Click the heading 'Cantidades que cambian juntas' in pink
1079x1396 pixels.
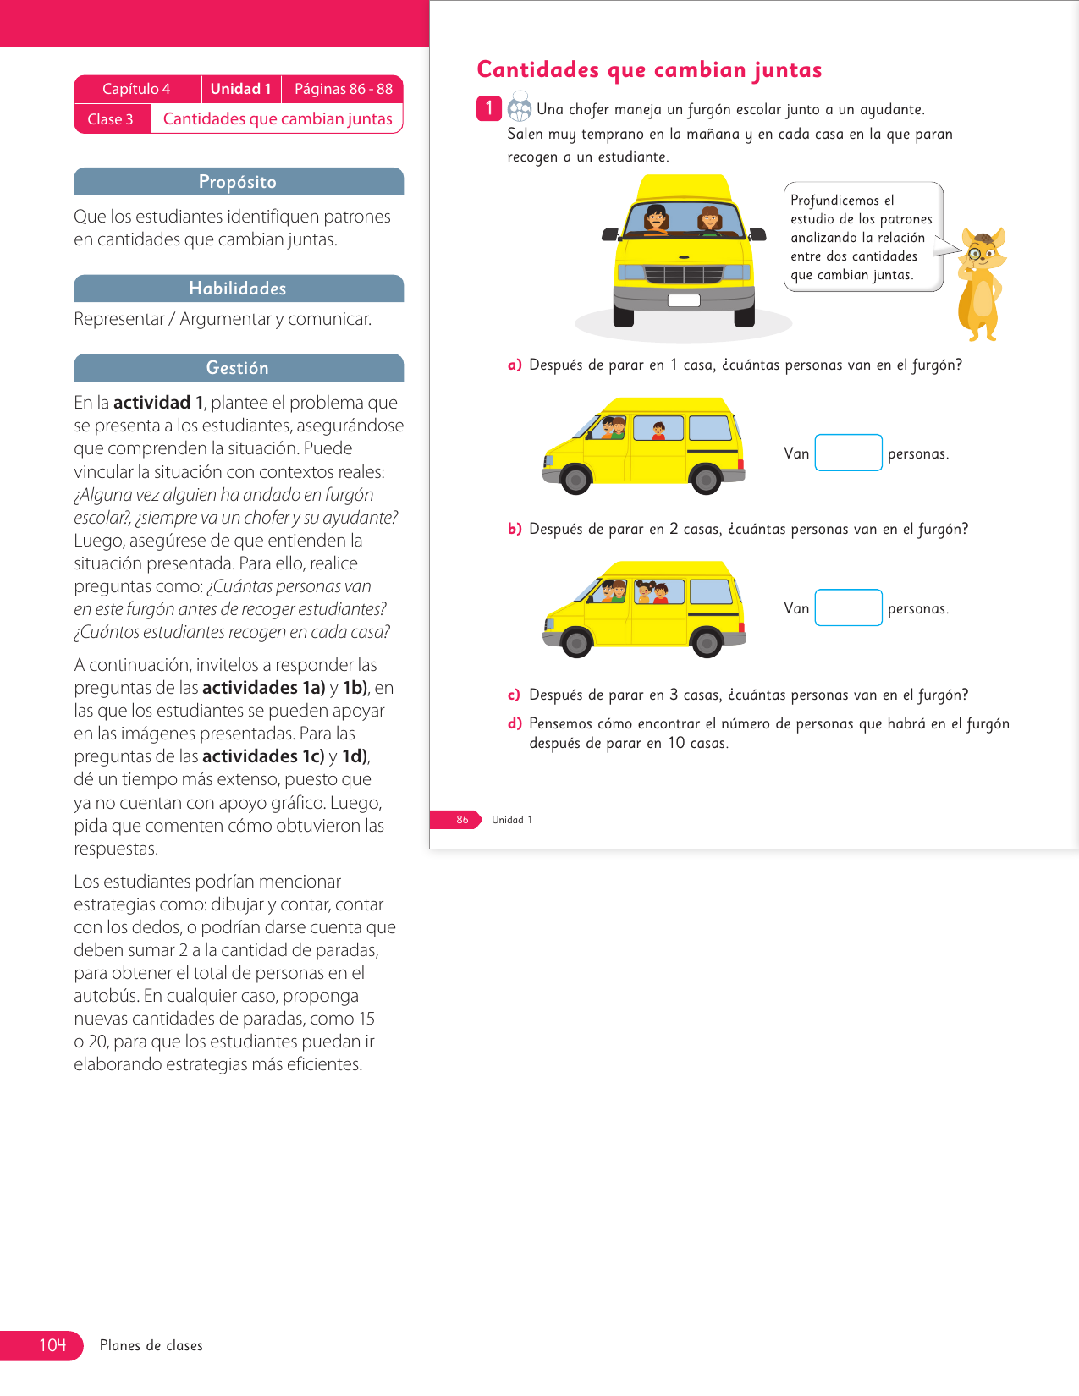click(649, 69)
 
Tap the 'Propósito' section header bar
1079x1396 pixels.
click(238, 182)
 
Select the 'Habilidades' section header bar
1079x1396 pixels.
click(238, 289)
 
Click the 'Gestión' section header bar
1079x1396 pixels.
click(238, 368)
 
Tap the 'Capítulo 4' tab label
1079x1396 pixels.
click(136, 89)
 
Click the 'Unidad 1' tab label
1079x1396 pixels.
click(240, 89)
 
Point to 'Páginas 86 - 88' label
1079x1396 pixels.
click(343, 89)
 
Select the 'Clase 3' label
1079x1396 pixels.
click(111, 119)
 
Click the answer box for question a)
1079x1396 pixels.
click(848, 453)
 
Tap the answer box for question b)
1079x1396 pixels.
click(848, 607)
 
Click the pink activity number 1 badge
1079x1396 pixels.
click(488, 108)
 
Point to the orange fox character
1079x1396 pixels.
click(981, 284)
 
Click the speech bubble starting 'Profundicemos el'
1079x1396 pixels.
click(862, 237)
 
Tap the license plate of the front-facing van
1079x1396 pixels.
click(684, 300)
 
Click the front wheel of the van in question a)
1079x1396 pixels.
click(575, 480)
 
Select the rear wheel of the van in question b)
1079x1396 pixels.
click(706, 643)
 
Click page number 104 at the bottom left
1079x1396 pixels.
click(52, 1345)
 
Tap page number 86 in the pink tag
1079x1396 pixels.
click(462, 820)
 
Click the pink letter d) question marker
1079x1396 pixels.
click(515, 723)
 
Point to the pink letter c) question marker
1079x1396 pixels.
click(515, 695)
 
